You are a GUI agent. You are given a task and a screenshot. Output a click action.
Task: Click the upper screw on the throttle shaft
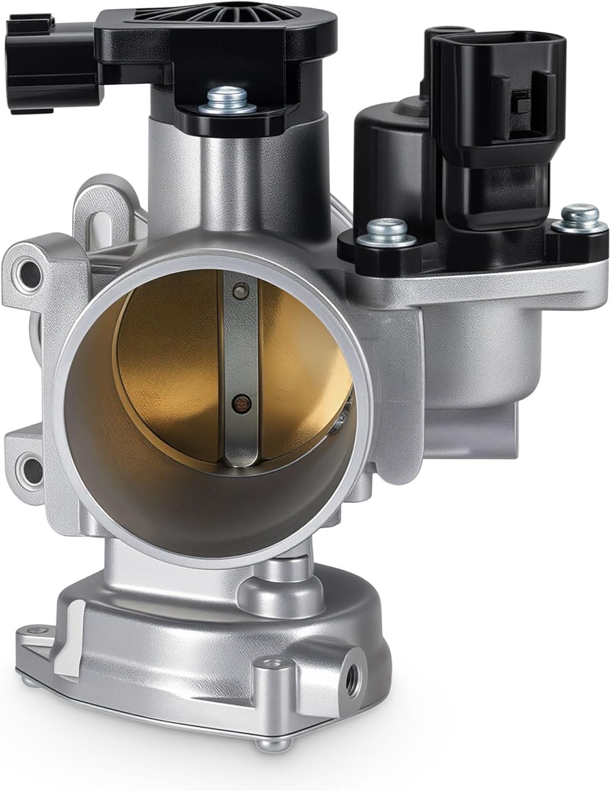(x=241, y=290)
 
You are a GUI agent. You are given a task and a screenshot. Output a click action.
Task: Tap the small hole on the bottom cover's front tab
(x=274, y=662)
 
